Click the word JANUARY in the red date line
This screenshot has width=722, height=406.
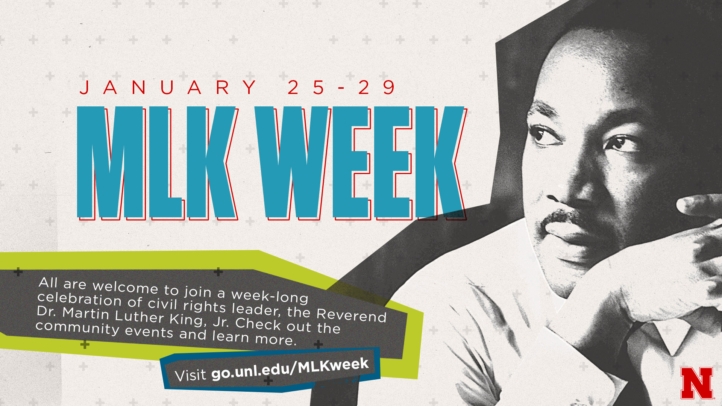(x=168, y=87)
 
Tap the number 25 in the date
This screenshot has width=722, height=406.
(x=306, y=87)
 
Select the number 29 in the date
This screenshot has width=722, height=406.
(x=376, y=87)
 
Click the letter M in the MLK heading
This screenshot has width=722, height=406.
(x=111, y=162)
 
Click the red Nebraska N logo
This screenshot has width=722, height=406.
(x=697, y=383)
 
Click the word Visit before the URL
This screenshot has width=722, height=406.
(x=191, y=375)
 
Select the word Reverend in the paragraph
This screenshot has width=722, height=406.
(x=352, y=315)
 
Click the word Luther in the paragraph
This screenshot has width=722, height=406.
(x=140, y=316)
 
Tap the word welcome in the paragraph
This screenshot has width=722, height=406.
(x=125, y=287)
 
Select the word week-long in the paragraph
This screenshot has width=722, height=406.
(x=270, y=296)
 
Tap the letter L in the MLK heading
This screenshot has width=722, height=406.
(x=165, y=162)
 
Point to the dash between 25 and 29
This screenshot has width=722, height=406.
(x=341, y=88)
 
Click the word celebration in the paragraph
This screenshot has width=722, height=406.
(x=79, y=299)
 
